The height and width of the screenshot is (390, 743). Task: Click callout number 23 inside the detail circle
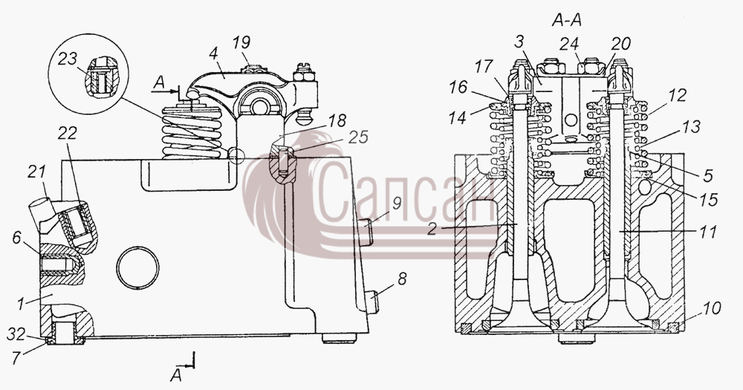68,59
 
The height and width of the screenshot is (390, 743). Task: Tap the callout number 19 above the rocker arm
241,42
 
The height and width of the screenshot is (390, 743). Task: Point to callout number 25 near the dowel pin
358,137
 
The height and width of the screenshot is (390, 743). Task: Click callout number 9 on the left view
397,204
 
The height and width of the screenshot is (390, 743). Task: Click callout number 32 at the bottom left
16,334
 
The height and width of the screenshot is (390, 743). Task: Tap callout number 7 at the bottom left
17,358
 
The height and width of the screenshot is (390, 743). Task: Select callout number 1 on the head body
21,303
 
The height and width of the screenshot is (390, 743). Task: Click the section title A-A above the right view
567,20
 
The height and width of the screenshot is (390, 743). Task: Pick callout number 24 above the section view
569,44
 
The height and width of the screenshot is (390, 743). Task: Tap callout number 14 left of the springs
457,117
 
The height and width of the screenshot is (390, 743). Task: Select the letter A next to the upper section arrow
160,83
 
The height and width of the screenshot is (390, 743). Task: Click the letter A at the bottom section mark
176,376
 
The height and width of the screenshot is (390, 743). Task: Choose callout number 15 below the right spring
708,200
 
